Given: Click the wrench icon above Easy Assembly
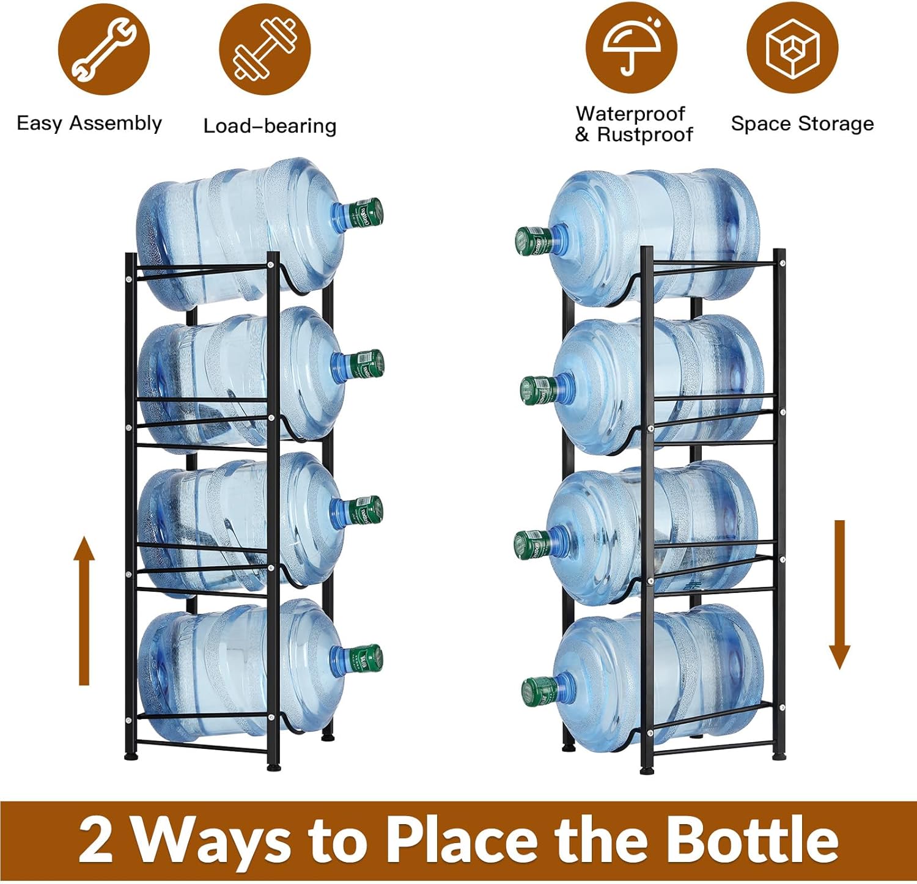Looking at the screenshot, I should tap(104, 50).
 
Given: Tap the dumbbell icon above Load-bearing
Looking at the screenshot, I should tap(265, 50).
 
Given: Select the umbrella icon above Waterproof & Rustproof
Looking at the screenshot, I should tap(632, 48).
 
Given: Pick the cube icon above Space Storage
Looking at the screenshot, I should tap(792, 48).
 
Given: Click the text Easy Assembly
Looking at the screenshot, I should tap(89, 123).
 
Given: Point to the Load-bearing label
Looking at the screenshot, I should tap(270, 126).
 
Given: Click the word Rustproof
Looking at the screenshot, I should tap(644, 134).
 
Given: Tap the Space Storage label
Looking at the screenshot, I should tap(802, 123).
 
